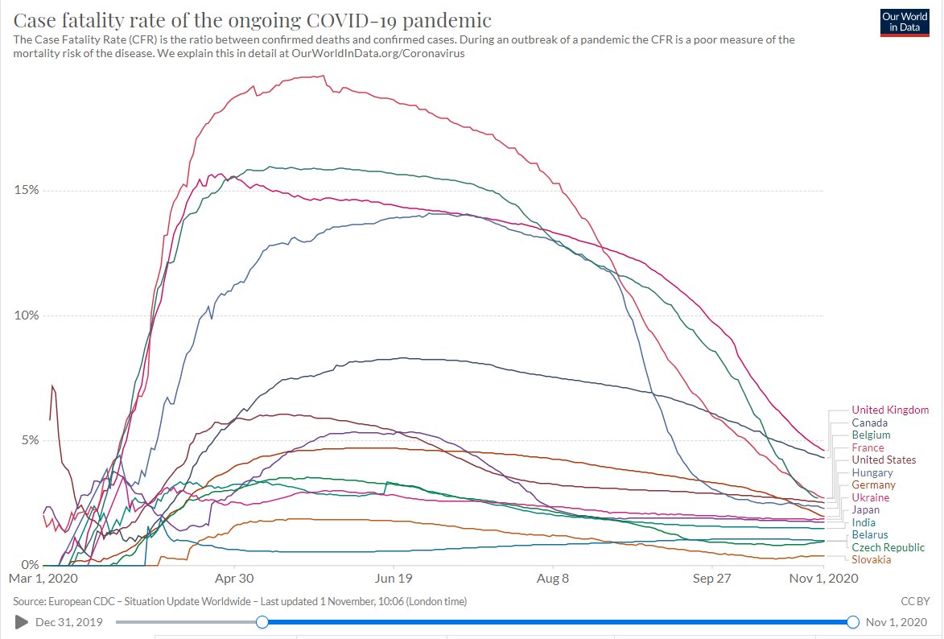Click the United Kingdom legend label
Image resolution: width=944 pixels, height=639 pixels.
890,410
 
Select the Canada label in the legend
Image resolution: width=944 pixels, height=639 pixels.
870,423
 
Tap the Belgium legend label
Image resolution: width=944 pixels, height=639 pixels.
871,435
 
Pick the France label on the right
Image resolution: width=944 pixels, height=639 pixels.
868,447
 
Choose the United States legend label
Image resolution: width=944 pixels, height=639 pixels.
884,460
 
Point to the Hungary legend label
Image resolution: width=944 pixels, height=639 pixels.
872,473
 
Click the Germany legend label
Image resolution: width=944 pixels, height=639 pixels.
873,485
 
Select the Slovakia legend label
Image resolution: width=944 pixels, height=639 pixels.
871,560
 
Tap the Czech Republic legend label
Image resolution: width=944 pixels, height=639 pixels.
888,547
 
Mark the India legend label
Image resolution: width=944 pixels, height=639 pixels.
864,523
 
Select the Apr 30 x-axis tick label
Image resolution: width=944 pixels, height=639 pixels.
234,579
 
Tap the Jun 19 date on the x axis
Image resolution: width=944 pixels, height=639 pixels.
394,579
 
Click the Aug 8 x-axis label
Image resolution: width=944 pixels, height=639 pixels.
553,579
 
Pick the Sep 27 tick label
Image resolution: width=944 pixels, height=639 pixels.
712,579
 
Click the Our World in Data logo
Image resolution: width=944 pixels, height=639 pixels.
905,22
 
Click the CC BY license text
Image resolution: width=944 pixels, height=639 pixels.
916,601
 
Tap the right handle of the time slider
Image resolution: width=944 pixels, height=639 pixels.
853,622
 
